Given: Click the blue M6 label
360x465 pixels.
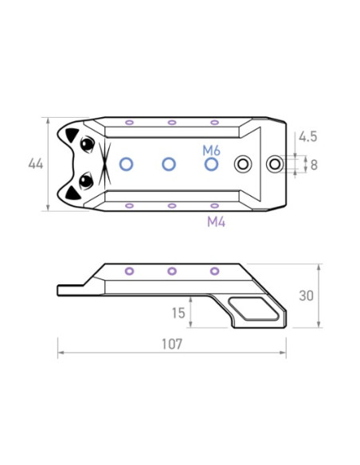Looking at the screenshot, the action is point(211,151).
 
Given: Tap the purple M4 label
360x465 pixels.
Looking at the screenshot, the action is point(216,222).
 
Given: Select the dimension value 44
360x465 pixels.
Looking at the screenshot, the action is point(36,164).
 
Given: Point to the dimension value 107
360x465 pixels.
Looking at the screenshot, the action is point(172,344).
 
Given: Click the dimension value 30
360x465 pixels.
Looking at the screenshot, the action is point(307,295).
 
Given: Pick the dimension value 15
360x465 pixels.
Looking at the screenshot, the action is point(178,313).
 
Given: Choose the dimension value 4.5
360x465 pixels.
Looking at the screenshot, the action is point(307,137).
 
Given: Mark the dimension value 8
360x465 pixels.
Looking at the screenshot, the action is point(314,165).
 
